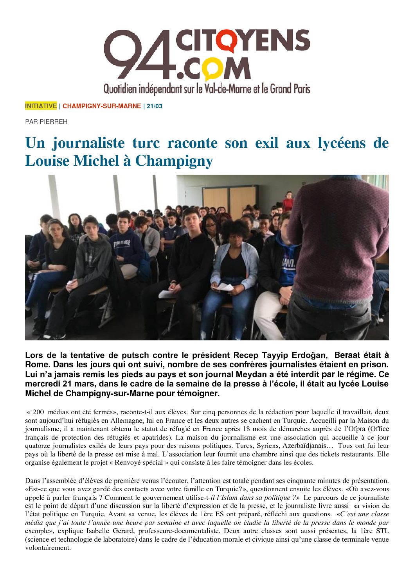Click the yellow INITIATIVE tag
pos(41,106)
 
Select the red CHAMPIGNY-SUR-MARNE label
pos(102,106)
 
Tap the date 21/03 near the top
pos(155,106)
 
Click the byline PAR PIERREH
pos(46,122)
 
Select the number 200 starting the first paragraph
pos(38,412)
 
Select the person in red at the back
pos(288,202)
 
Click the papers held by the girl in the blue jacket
pos(225,287)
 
